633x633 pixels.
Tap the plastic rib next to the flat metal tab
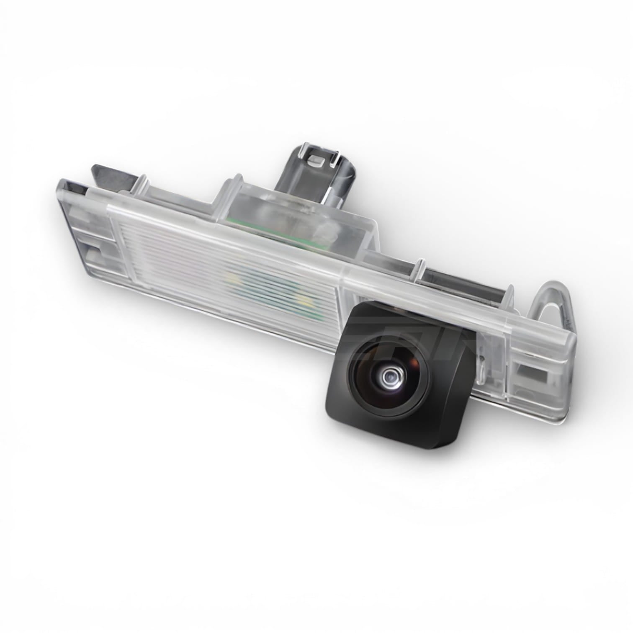[140, 184]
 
